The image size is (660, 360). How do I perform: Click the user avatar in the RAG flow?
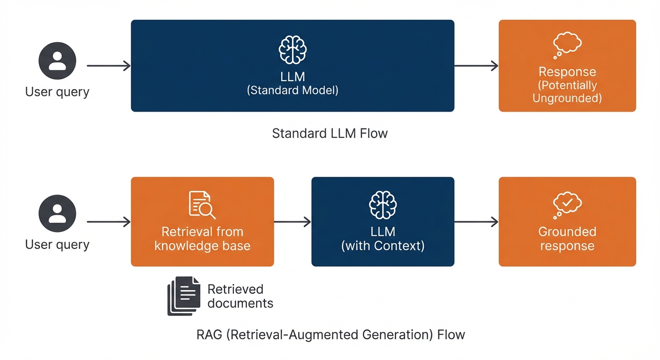click(x=57, y=213)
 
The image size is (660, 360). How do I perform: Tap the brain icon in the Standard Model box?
click(x=292, y=49)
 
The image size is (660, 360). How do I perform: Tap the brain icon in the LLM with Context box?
click(x=382, y=204)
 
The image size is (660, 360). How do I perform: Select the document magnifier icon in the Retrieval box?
click(x=202, y=205)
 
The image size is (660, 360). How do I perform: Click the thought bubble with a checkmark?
click(x=567, y=204)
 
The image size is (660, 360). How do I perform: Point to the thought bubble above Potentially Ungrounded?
click(x=567, y=45)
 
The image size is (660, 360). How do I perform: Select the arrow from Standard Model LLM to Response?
click(x=476, y=66)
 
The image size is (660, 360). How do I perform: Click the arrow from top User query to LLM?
click(x=109, y=66)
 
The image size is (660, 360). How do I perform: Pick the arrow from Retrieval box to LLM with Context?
click(x=292, y=222)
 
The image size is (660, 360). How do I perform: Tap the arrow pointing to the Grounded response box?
click(x=476, y=222)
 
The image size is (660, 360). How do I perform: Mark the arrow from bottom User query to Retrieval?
click(x=109, y=222)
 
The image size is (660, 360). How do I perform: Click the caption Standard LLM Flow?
click(x=330, y=134)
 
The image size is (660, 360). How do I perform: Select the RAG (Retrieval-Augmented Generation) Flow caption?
click(x=331, y=335)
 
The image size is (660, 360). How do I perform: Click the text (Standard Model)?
click(x=292, y=90)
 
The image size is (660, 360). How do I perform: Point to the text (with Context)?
click(x=382, y=246)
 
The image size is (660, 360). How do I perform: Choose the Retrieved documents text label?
click(x=240, y=296)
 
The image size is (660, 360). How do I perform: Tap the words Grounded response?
click(x=567, y=239)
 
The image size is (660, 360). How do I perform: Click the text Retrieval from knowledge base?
click(x=202, y=239)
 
